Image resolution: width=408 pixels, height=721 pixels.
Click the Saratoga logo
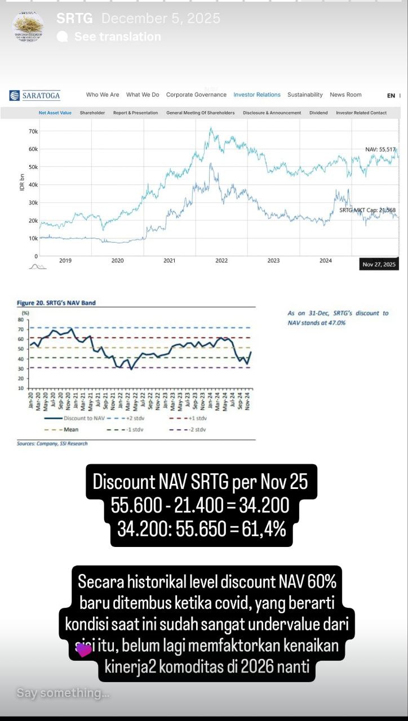point(35,95)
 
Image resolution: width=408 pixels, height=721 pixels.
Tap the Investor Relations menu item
point(257,95)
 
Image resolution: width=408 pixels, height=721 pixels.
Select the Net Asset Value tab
point(55,113)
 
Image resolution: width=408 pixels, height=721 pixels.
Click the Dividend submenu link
point(318,113)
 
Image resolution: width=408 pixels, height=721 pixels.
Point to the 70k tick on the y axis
point(33,131)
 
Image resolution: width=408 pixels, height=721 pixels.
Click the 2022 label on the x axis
point(221,261)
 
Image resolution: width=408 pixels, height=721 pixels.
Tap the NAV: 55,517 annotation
point(381,149)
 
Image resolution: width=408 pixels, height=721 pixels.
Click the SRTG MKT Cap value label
point(367,210)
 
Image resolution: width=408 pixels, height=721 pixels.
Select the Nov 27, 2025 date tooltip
point(379,264)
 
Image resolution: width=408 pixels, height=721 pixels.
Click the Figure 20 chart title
point(56,303)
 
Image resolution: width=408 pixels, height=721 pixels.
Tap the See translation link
point(117,37)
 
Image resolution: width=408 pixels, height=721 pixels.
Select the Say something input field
point(63,693)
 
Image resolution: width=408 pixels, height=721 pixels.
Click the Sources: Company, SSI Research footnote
point(52,444)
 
